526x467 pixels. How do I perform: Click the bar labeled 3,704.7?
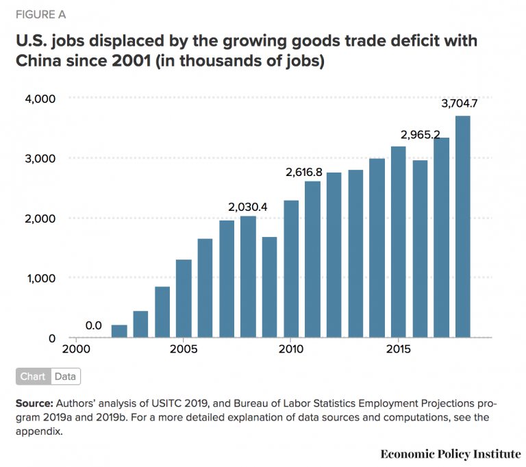click(x=463, y=227)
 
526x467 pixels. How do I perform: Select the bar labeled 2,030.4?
click(x=248, y=277)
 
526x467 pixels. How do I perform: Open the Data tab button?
click(x=65, y=376)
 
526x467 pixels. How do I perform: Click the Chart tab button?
click(x=33, y=376)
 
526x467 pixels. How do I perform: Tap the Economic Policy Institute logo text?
click(x=450, y=454)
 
